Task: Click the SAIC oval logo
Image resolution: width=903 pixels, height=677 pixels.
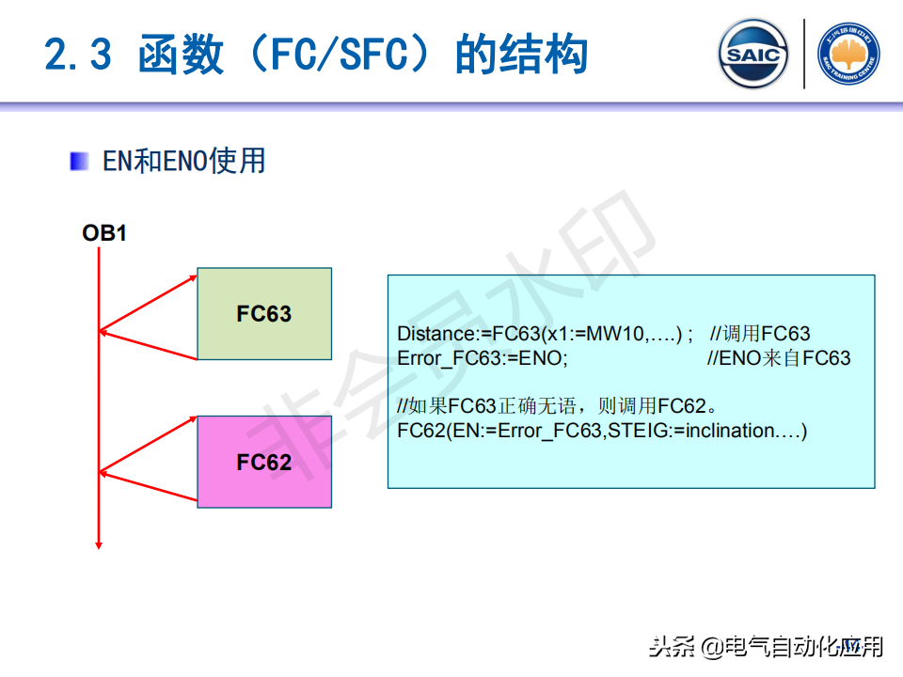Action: coord(753,54)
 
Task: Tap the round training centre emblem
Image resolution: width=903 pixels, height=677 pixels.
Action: coord(848,55)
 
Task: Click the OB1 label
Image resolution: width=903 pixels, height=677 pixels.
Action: coord(104,232)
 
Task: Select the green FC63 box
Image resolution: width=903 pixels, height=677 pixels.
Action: coord(264,313)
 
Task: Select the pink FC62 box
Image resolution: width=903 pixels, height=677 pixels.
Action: coord(264,462)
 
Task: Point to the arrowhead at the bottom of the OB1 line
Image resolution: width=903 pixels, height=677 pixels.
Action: coord(98,543)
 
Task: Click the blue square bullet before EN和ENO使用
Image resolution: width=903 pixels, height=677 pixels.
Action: coord(80,161)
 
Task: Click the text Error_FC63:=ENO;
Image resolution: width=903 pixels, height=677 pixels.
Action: coord(483,358)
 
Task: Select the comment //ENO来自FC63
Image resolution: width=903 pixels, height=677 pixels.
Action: coord(779,358)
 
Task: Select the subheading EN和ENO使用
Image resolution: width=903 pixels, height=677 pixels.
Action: coord(184,161)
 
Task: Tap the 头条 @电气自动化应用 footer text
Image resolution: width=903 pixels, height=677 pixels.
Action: coord(767,647)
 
